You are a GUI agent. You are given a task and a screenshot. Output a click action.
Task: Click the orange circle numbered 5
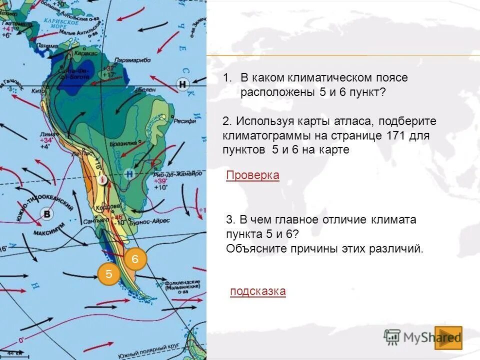[109, 273]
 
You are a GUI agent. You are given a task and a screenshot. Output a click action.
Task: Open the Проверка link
[252, 175]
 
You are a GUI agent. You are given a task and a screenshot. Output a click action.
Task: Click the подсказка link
[258, 291]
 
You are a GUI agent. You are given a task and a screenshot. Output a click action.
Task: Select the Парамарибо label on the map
[132, 60]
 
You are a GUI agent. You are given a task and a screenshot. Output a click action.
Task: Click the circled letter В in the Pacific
[47, 213]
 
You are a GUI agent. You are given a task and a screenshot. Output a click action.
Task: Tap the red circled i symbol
[102, 179]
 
